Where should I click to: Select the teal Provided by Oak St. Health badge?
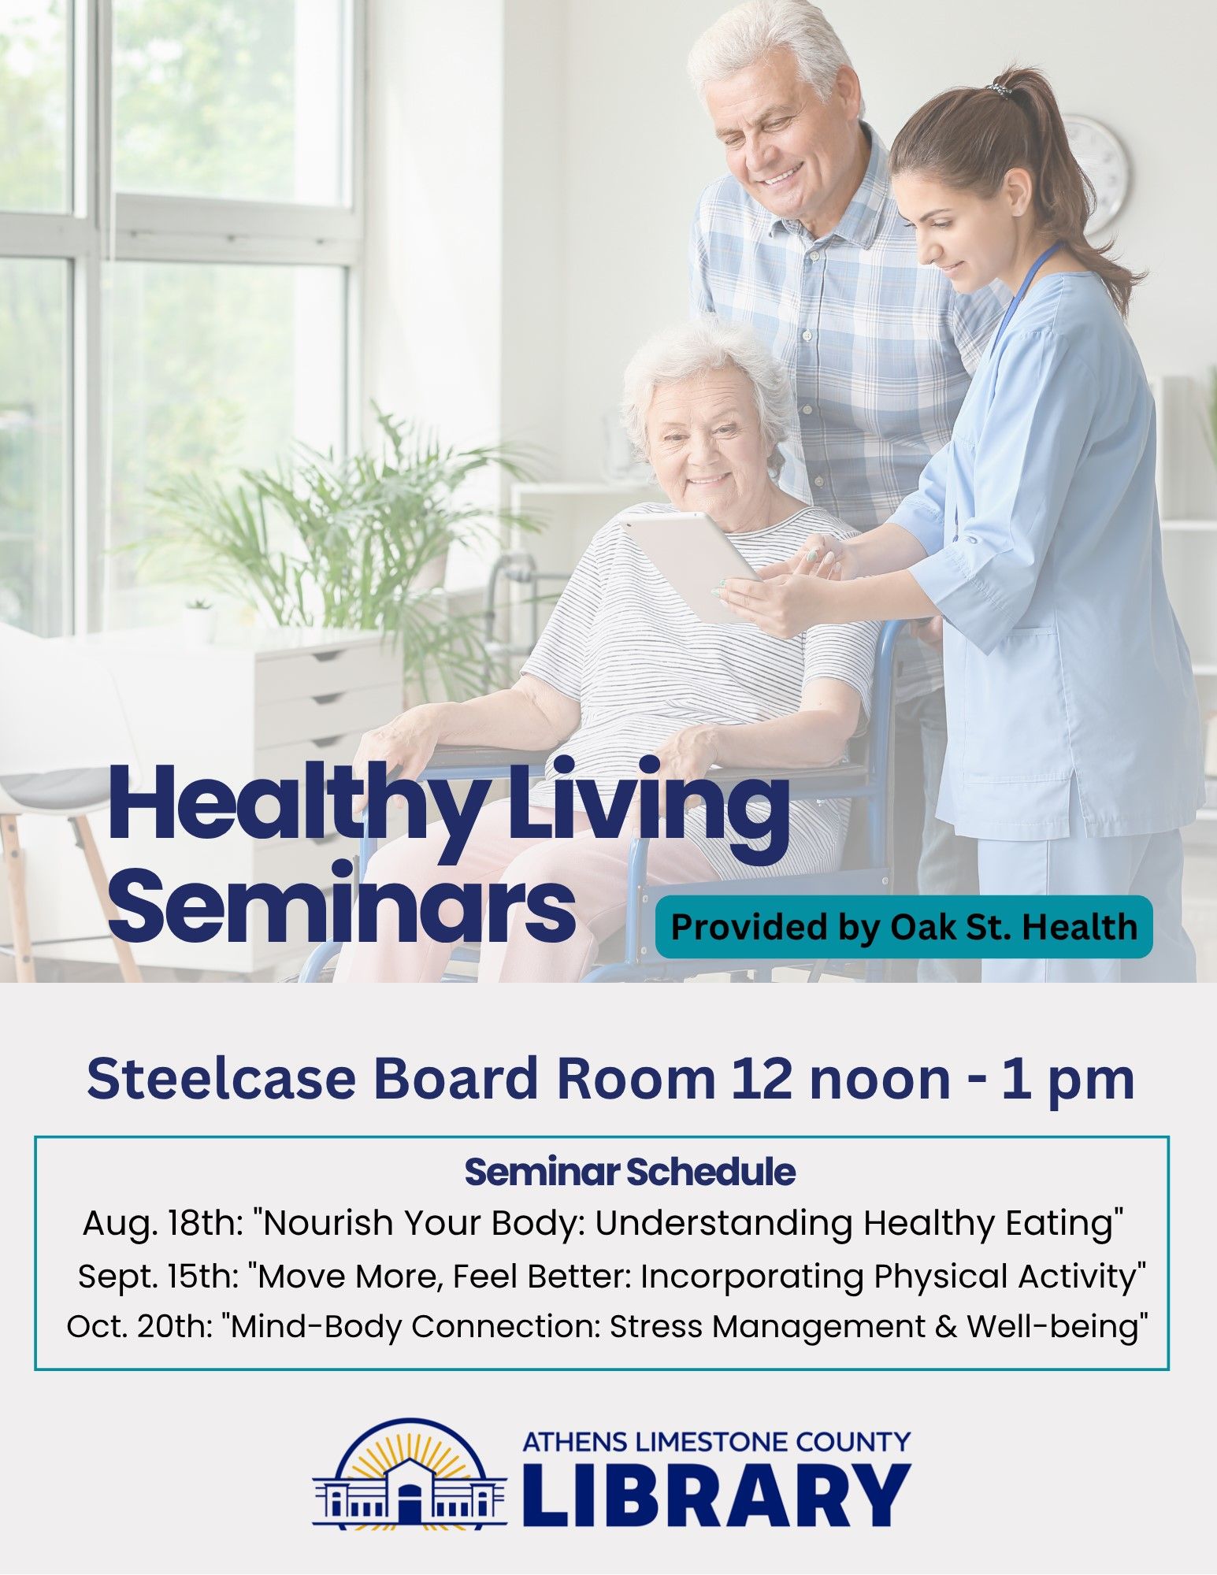click(903, 927)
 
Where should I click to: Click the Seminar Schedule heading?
click(629, 1172)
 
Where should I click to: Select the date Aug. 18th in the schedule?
click(162, 1223)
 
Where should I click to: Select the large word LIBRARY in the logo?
click(716, 1494)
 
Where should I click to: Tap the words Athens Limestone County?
click(716, 1442)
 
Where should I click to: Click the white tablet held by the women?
click(691, 565)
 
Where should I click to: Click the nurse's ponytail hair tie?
click(1001, 90)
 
